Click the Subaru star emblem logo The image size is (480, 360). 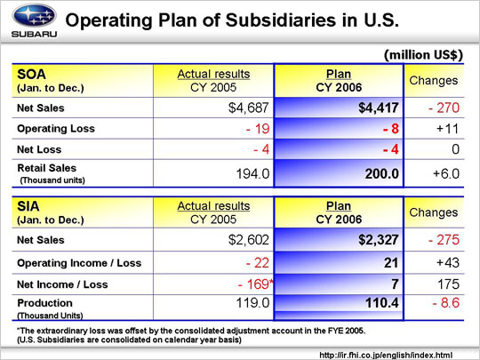[x=34, y=16]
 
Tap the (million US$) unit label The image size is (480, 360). [x=423, y=55]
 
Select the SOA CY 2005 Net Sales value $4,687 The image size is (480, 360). [x=249, y=108]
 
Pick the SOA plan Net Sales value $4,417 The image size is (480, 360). [x=379, y=108]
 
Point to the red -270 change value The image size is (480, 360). [x=444, y=108]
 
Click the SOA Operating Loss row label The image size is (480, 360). [x=56, y=129]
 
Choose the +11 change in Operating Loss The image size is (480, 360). [x=447, y=129]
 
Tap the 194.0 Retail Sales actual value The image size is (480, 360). [x=252, y=174]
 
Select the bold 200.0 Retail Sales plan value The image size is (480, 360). [x=382, y=174]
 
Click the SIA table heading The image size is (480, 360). [x=28, y=206]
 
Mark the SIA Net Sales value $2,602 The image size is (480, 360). [x=249, y=240]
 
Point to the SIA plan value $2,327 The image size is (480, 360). [x=379, y=240]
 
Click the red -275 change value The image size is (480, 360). [x=444, y=240]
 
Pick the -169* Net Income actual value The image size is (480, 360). [x=256, y=284]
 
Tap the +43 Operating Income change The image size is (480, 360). [x=447, y=262]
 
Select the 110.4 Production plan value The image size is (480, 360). [x=382, y=303]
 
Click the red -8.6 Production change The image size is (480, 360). [x=445, y=303]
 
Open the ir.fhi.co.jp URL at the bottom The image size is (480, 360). [x=386, y=356]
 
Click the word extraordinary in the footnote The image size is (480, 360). [x=63, y=331]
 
